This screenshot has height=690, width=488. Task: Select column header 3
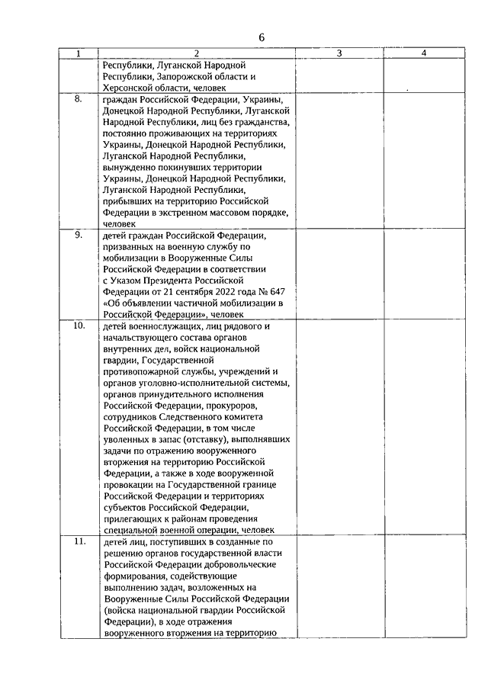pos(339,53)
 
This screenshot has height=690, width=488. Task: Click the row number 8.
pos(79,99)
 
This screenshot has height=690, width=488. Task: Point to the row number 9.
pos(79,235)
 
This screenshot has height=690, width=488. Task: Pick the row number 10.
pos(79,326)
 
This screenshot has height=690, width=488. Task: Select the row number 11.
pos(79,541)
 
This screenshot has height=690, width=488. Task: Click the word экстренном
pos(174,213)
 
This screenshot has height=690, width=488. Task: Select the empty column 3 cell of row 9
pos(339,274)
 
